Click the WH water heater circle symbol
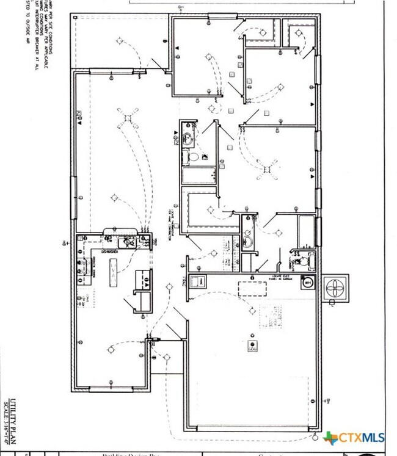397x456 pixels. [x=307, y=283]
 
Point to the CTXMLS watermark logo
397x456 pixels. [x=354, y=437]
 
